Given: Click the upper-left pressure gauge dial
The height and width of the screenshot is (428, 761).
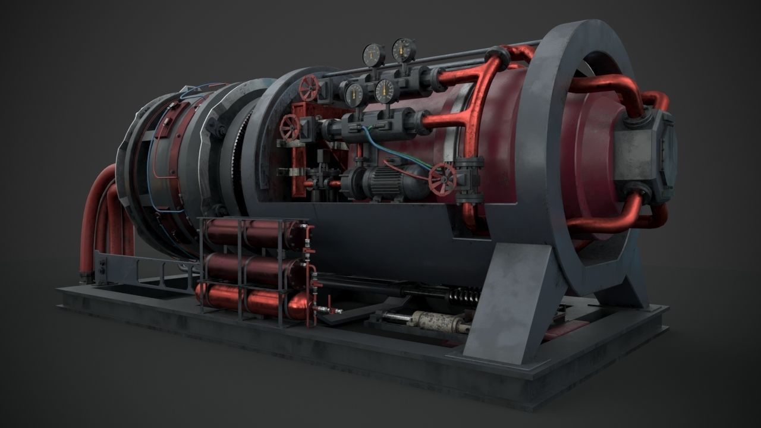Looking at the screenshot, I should coord(373,55).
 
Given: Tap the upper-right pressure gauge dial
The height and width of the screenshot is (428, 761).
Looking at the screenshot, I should coord(404,50).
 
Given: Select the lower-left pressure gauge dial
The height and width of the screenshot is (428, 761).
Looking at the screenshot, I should coord(354,94).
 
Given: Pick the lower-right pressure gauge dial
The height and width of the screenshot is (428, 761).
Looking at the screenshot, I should coord(386,91).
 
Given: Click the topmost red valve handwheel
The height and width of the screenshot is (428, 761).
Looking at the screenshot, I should coord(309,89).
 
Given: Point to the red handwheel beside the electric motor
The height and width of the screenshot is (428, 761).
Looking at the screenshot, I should coord(442,178).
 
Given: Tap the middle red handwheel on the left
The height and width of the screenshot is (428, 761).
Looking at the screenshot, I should coord(290,127).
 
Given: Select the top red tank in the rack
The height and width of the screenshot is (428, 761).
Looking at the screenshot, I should coord(250,234).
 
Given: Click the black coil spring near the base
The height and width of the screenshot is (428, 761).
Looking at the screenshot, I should coord(464,295).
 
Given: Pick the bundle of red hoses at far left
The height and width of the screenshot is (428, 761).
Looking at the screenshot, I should coord(101,220).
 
